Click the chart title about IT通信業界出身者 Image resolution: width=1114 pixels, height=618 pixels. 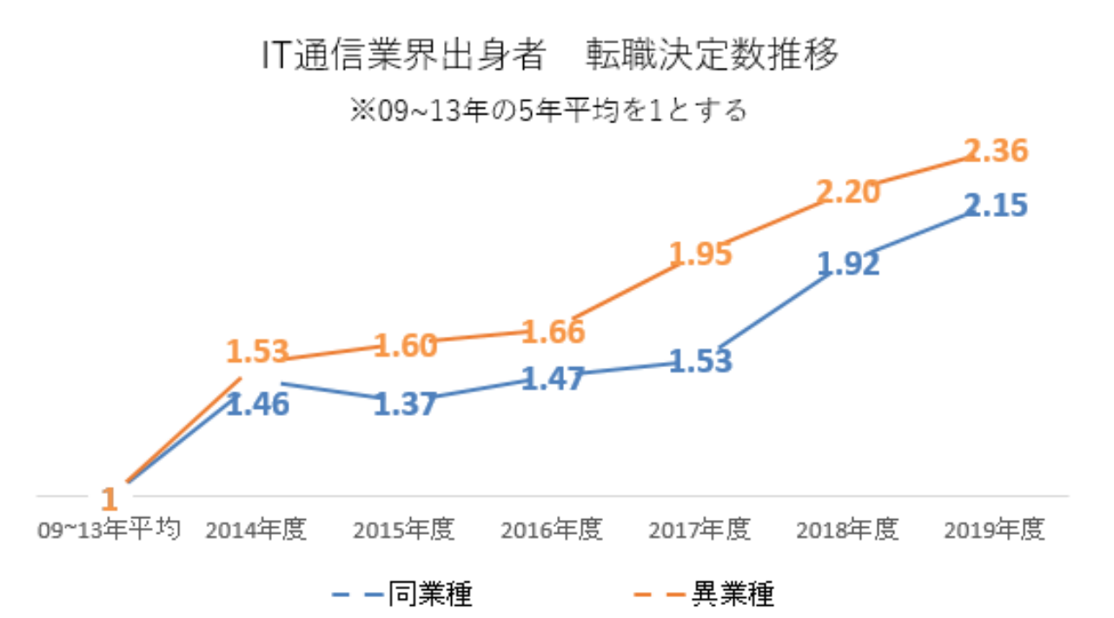[x=551, y=56]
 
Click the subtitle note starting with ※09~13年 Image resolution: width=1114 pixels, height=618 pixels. [x=548, y=111]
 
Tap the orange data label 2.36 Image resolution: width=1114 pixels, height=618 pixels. [x=997, y=151]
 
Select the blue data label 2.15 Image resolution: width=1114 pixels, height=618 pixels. [x=997, y=206]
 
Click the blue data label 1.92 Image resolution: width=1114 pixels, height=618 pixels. [x=848, y=264]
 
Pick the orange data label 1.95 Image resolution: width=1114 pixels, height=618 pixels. [x=700, y=253]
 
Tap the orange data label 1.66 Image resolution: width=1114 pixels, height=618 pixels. [x=553, y=331]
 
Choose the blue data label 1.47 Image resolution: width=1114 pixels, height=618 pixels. [x=553, y=379]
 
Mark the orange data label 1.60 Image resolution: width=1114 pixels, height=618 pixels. [x=405, y=345]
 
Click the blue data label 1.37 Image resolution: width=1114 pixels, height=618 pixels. [x=405, y=404]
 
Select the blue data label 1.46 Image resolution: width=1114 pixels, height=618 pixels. [x=257, y=404]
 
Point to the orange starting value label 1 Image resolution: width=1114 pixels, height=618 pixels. [x=109, y=500]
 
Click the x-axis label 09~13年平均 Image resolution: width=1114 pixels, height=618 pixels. [x=109, y=529]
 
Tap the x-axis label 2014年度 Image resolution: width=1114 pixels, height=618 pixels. [x=257, y=529]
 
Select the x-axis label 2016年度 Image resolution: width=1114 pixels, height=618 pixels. [x=553, y=529]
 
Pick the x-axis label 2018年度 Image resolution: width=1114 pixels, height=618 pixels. [x=848, y=529]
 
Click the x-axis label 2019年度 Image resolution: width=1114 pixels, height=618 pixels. [x=997, y=529]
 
